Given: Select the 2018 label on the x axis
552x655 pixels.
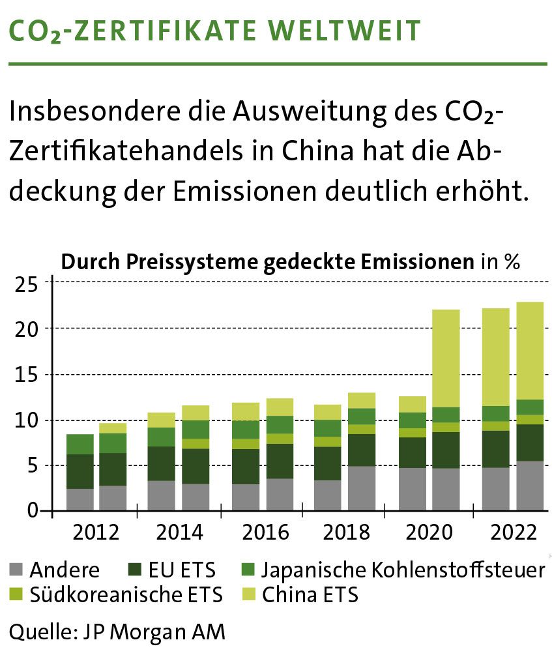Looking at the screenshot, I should [345, 532].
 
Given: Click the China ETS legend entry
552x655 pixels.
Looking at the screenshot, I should [310, 594].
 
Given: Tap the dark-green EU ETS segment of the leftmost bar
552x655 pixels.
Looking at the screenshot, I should [80, 471].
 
